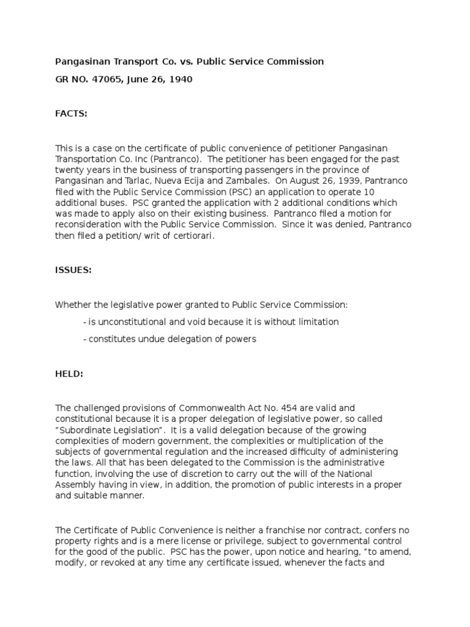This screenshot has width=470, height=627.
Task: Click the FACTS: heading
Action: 72,113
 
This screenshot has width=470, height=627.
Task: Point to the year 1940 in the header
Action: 181,79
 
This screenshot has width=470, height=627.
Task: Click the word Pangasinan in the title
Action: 81,61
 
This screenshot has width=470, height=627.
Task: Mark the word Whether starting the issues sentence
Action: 73,304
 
